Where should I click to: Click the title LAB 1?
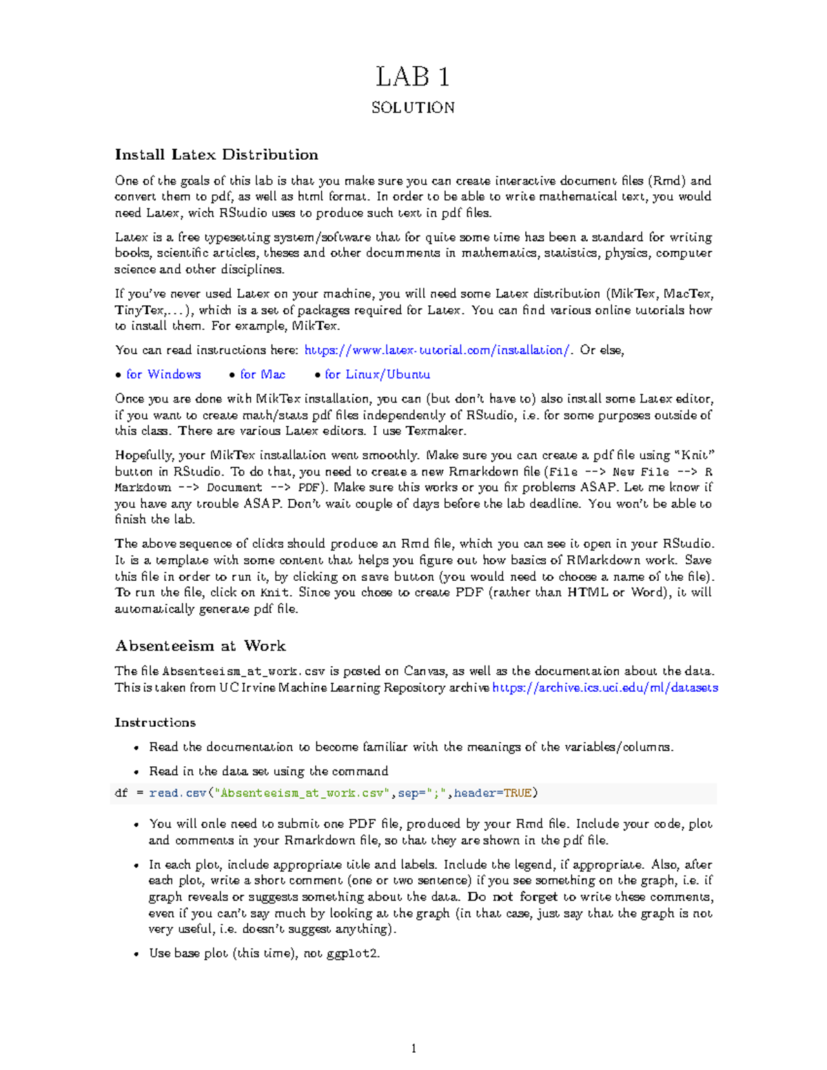coord(413,77)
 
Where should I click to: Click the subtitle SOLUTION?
coord(413,107)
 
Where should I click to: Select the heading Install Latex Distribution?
coord(216,154)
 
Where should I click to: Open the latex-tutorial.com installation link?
coord(438,350)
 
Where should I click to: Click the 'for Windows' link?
coord(163,374)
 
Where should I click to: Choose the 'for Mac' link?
coord(263,374)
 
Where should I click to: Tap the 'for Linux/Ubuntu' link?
coord(378,374)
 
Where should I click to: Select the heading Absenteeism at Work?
coord(200,646)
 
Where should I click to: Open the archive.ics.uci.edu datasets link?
coord(605,688)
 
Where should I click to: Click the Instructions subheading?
coord(155,722)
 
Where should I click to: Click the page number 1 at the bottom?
coord(413,1049)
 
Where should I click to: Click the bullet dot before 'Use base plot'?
coord(136,954)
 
